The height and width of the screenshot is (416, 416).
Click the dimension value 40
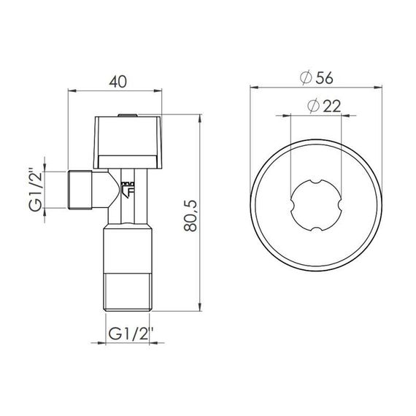tap(115, 82)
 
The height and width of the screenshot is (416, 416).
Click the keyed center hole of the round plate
tap(318, 206)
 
